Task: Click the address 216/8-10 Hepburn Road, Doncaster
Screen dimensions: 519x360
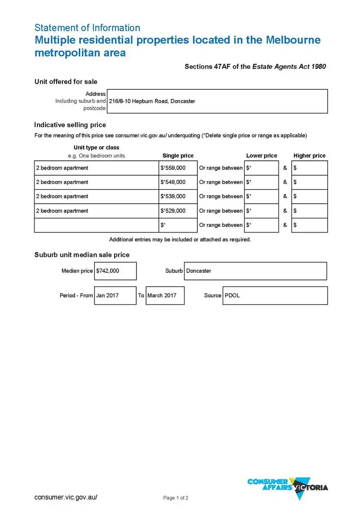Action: [x=152, y=101]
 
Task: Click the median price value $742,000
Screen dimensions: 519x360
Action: [x=108, y=271]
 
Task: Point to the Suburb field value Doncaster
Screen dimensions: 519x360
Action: [x=199, y=271]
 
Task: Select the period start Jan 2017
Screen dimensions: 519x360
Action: [x=108, y=295]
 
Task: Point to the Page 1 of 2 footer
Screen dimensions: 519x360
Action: [x=176, y=498]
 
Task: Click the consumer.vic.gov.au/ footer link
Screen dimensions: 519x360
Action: [x=66, y=497]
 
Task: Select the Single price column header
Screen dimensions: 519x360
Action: [x=178, y=156]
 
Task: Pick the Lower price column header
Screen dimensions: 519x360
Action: [x=262, y=156]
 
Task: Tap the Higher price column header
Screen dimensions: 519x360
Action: [x=310, y=156]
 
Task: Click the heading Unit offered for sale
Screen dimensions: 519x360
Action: [x=66, y=82]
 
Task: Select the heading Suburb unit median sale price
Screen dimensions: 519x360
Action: [x=82, y=254]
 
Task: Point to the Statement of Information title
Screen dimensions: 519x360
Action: [x=87, y=28]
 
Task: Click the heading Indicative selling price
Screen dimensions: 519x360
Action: [x=70, y=125]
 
